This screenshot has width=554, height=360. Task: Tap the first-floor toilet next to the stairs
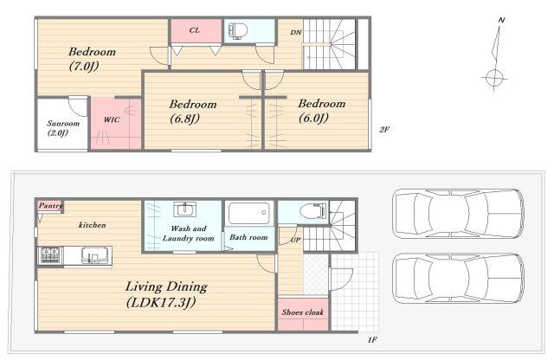pyautogui.click(x=313, y=211)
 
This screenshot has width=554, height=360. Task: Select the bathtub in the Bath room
pyautogui.click(x=249, y=213)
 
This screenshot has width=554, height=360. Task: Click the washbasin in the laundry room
pyautogui.click(x=184, y=209)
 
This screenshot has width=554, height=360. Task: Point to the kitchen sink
pyautogui.click(x=94, y=255)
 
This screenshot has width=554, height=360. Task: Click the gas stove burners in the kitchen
pyautogui.click(x=51, y=255)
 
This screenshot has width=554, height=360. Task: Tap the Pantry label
pyautogui.click(x=50, y=205)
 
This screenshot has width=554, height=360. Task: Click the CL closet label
pyautogui.click(x=194, y=30)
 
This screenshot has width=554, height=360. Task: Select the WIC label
pyautogui.click(x=112, y=119)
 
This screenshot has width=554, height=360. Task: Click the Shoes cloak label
pyautogui.click(x=303, y=312)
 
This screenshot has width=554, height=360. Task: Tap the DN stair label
pyautogui.click(x=296, y=32)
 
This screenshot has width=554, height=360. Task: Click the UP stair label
pyautogui.click(x=295, y=240)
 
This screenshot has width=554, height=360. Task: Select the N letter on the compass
pyautogui.click(x=501, y=20)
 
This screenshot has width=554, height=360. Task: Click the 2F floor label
pyautogui.click(x=384, y=129)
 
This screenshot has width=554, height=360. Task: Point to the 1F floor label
pyautogui.click(x=372, y=340)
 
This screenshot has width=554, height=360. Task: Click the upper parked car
pyautogui.click(x=458, y=214)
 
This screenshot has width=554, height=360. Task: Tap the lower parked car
pyautogui.click(x=458, y=279)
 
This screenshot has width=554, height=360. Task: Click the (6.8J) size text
pyautogui.click(x=184, y=119)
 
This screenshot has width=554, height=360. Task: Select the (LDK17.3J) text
pyautogui.click(x=161, y=302)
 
